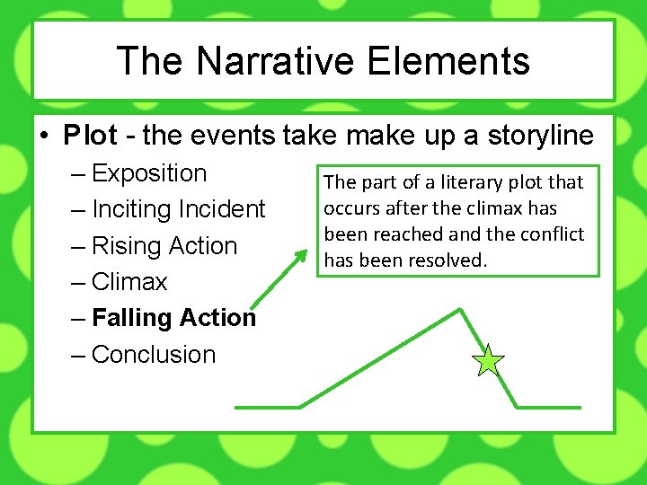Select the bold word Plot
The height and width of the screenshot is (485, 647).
90,136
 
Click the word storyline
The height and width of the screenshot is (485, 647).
541,136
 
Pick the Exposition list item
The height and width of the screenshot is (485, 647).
149,172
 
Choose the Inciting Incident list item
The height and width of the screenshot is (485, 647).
179,209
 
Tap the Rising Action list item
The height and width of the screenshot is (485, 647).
164,245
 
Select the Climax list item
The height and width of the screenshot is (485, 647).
129,282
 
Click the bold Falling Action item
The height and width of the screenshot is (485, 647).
174,318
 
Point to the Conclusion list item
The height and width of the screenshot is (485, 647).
154,355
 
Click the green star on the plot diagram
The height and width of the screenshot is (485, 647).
488,361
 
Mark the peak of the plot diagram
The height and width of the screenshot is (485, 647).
460,310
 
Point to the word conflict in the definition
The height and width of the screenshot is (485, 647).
554,234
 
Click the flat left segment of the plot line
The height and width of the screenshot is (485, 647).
267,407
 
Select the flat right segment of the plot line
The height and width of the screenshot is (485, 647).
549,407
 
